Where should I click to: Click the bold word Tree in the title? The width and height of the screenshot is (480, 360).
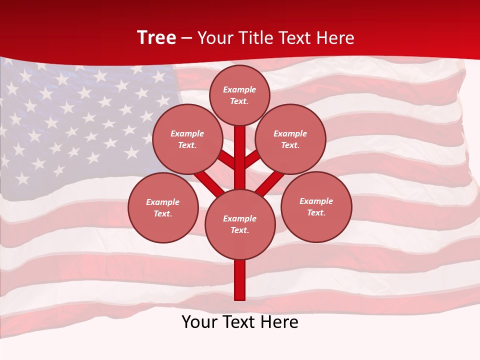point(156,38)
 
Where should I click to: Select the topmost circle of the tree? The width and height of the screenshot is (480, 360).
point(239,95)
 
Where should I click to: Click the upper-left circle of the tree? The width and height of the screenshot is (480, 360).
point(187,139)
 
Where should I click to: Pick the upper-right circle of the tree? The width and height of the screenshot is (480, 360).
point(290,139)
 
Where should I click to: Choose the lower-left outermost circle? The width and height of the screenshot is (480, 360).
point(163,207)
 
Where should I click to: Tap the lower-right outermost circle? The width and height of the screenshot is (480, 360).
point(316,206)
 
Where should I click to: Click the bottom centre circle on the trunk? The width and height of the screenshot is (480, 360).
point(240,224)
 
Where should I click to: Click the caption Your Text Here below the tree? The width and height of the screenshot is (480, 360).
point(240,322)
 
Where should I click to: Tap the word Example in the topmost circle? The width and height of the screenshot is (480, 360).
point(239,89)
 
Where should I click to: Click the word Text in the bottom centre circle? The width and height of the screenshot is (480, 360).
point(239,230)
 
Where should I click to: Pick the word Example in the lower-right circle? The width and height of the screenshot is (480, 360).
point(316,201)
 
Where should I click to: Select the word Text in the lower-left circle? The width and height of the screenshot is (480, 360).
point(162,213)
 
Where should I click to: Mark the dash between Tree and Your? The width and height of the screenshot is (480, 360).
point(186,38)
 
